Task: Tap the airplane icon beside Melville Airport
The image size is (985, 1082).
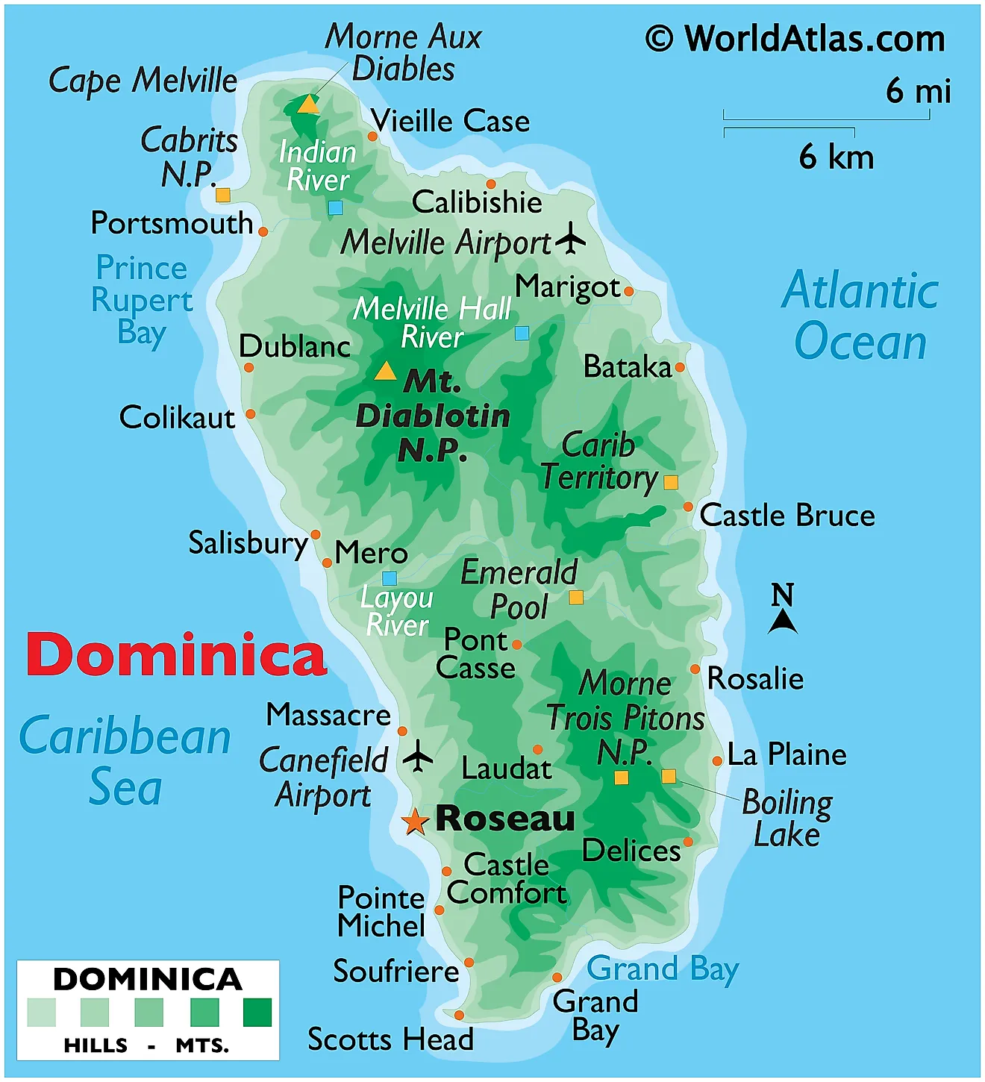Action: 571,238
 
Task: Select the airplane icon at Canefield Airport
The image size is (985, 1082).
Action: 418,757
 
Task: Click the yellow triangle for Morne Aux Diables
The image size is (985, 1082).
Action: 308,104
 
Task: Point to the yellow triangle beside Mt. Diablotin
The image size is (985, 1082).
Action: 385,371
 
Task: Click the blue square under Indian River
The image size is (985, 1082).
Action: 336,207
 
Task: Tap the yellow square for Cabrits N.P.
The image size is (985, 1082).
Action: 222,195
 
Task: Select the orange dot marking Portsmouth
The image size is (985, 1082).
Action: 263,231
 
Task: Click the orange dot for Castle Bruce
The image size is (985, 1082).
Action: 688,507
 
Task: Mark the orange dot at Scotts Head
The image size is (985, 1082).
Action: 459,1015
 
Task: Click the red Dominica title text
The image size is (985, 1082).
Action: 176,654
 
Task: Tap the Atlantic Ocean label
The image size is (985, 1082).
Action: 860,316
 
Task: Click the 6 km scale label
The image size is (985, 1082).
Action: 836,157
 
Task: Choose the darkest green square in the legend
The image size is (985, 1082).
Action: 257,1013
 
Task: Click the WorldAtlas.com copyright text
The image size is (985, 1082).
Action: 795,39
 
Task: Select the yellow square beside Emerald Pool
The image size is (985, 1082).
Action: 576,597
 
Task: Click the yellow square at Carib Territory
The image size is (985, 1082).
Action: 671,482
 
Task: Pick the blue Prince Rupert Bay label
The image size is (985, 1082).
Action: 142,300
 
